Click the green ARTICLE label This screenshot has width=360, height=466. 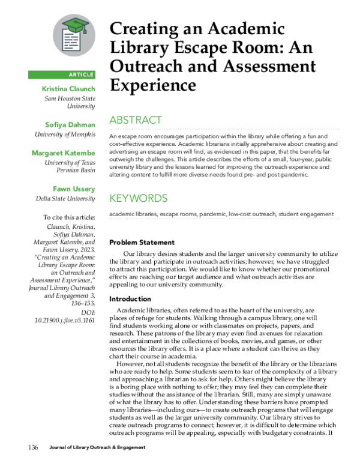click(x=62, y=74)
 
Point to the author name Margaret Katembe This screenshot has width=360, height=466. click(x=63, y=153)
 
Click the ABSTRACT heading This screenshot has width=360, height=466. click(x=135, y=120)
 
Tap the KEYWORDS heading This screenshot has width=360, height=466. click(x=138, y=198)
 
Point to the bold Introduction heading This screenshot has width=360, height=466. click(x=130, y=298)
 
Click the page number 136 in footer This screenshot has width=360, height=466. click(x=34, y=448)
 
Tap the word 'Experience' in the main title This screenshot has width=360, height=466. click(x=152, y=85)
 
